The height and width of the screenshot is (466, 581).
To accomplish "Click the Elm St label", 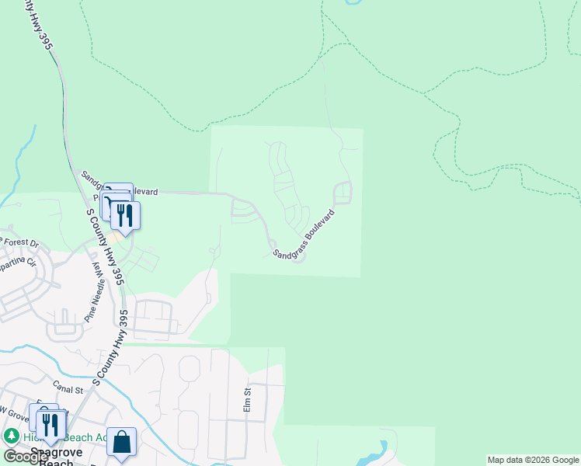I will click(248, 402).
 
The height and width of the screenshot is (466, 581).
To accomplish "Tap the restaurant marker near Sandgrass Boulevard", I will click(125, 215).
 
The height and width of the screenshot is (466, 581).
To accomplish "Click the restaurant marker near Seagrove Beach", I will click(50, 424).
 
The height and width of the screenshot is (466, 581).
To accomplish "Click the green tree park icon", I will click(12, 436).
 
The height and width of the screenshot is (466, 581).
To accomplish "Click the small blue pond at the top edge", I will click(353, 2).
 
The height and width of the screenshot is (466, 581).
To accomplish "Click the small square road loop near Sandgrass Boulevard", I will click(343, 192).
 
